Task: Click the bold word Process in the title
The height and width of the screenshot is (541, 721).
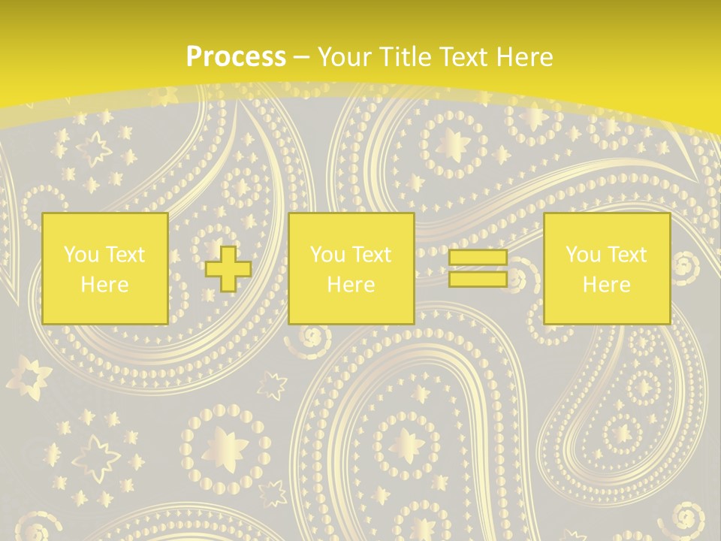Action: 236,57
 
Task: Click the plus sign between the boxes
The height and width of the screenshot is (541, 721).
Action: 228,269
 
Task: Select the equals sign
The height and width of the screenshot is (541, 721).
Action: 478,268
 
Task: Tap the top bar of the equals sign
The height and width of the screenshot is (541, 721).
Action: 478,258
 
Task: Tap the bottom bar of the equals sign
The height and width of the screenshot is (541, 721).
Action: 478,279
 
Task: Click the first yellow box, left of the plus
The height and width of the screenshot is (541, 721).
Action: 105,268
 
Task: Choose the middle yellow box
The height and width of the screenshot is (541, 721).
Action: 351,268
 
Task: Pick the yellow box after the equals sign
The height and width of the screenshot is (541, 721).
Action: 606,268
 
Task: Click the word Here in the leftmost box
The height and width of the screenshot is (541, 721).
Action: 105,285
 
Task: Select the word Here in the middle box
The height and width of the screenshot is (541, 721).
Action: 351,285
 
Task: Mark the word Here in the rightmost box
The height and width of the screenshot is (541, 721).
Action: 607,285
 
